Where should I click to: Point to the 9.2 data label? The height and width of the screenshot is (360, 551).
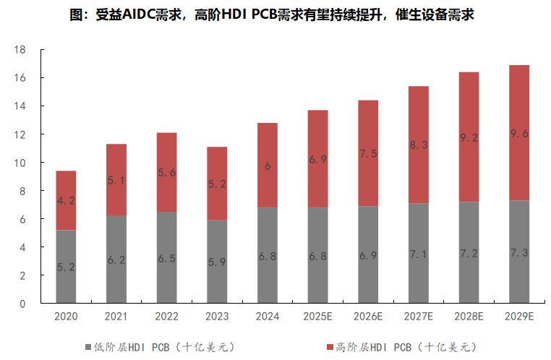pos(469,137)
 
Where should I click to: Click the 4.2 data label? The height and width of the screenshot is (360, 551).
pos(66,201)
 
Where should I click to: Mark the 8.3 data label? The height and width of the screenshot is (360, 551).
pos(419,145)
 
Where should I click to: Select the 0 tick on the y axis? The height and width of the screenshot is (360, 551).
pos(23,304)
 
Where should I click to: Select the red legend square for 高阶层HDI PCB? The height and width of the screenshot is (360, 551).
pos(330,347)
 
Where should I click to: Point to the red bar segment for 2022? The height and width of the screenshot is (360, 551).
pos(166,173)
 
